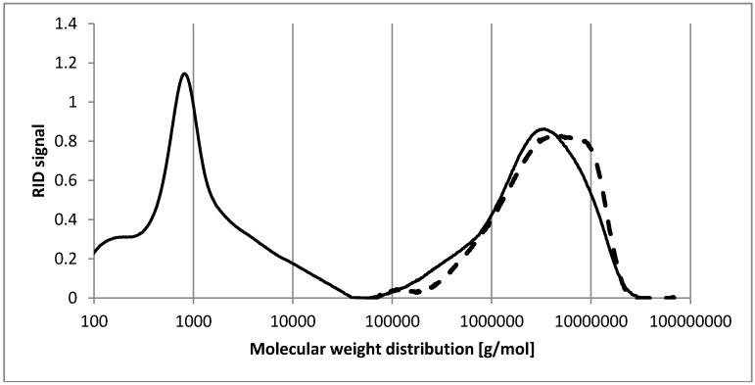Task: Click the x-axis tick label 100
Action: click(x=94, y=318)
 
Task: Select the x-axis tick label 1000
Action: click(x=193, y=318)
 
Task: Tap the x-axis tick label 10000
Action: click(x=293, y=318)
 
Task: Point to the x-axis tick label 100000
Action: click(x=392, y=318)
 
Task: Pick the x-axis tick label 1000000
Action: click(x=492, y=318)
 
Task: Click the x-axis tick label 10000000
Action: click(x=590, y=318)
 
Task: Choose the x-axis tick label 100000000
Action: click(x=690, y=318)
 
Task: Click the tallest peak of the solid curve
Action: click(x=183, y=73)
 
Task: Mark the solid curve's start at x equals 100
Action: click(x=94, y=254)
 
